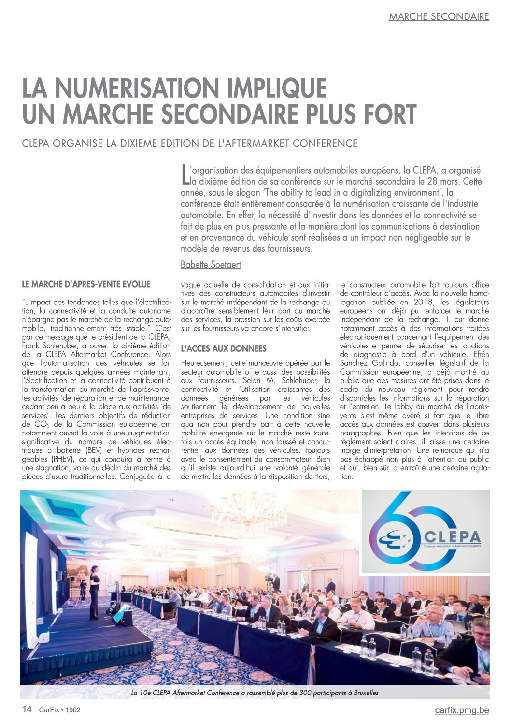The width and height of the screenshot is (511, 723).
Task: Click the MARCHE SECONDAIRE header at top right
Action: point(439,17)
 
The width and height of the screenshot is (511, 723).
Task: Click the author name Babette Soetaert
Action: point(211,265)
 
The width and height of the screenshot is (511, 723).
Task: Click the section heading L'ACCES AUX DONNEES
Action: point(224,348)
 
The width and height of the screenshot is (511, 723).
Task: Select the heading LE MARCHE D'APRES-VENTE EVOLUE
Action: point(86,284)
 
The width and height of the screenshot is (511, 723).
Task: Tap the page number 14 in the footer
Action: point(27,709)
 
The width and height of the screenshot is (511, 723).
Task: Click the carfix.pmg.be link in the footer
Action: point(462,710)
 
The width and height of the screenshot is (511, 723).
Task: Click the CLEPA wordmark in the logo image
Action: point(452,536)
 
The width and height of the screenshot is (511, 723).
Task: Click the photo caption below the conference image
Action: point(255,693)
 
